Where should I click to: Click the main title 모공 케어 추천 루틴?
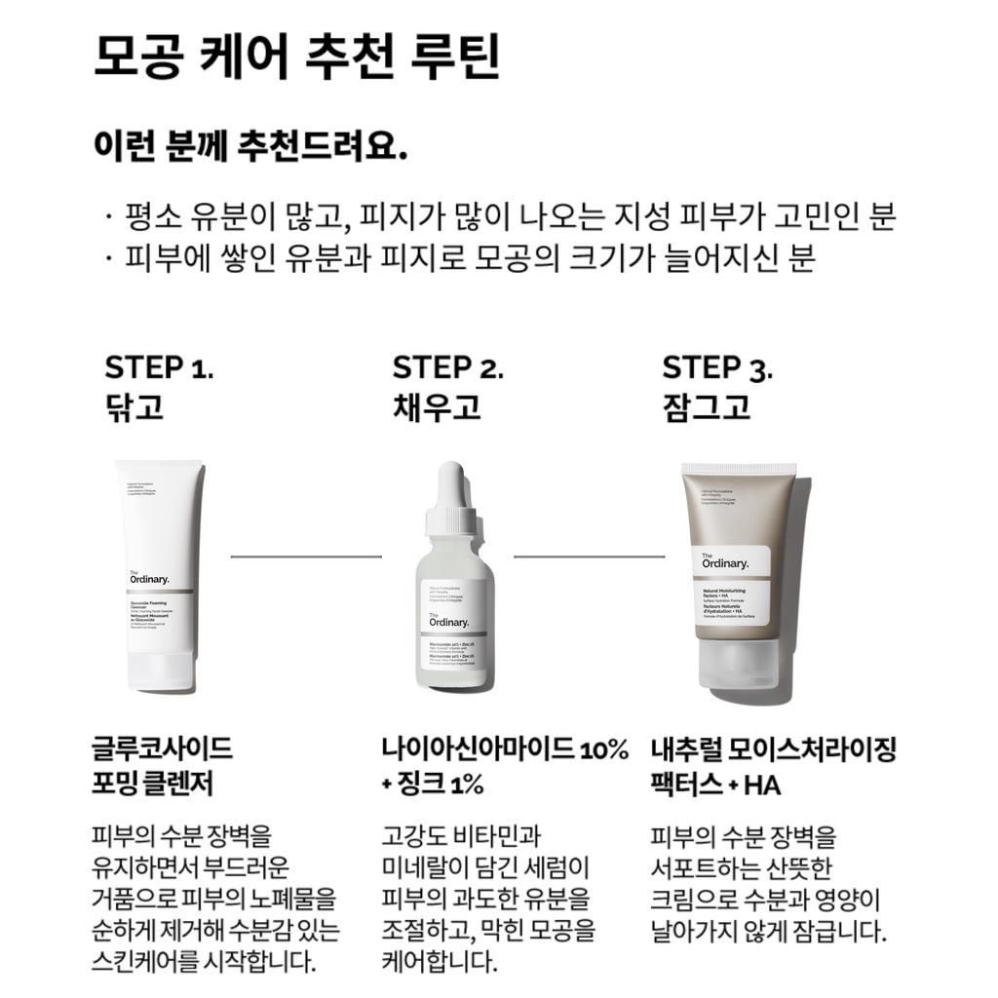point(296,58)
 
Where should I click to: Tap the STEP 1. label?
point(159,368)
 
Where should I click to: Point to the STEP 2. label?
point(447,368)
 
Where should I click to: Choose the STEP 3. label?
point(717,368)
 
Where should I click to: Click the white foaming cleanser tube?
point(158,585)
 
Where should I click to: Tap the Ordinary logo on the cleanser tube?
point(148,577)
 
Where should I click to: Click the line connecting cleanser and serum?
point(306,557)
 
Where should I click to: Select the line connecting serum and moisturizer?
point(589,557)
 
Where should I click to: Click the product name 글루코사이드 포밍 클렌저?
point(162,766)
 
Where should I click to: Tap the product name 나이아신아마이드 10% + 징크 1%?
point(505,766)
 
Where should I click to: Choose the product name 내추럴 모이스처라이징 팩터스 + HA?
point(773,766)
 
